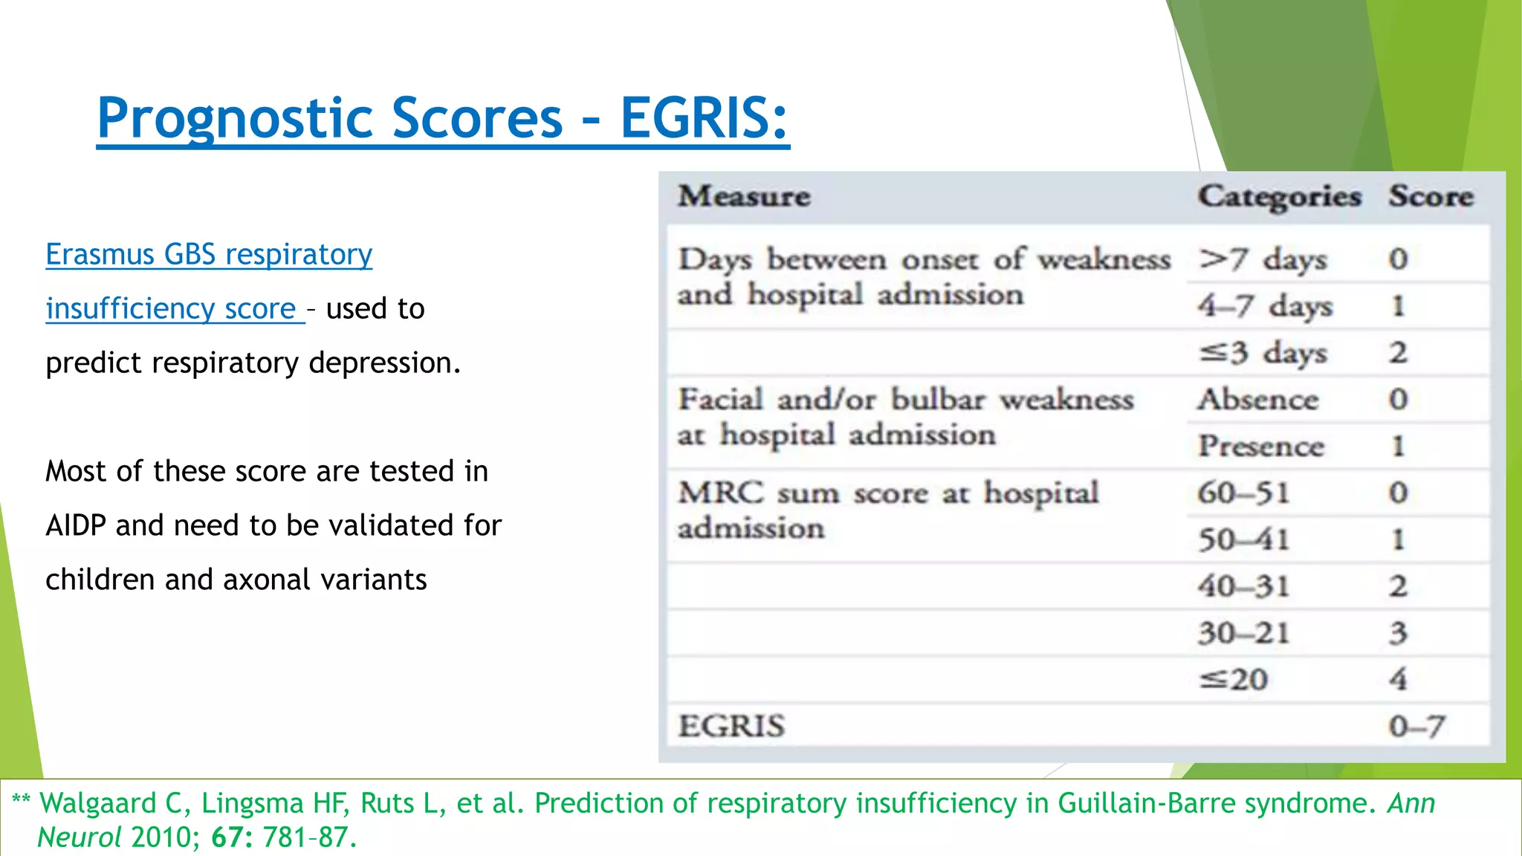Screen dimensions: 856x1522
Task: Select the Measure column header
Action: (744, 196)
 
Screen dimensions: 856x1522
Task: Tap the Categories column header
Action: (1279, 196)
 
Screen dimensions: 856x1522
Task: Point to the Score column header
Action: (1431, 196)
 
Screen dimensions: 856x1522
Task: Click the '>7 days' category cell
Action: (1263, 259)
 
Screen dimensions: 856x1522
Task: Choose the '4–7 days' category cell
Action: (1265, 306)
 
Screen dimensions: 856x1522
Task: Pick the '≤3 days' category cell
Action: (1263, 353)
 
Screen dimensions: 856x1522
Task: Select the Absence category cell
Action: (1257, 400)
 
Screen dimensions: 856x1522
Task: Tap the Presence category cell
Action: (1260, 447)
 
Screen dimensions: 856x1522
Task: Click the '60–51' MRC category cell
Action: (1243, 493)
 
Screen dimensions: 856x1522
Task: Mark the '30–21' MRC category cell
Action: (1243, 633)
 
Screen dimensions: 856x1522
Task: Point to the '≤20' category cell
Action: (1234, 679)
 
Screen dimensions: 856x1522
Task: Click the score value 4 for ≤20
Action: (1398, 679)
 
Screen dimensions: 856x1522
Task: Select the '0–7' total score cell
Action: (1416, 726)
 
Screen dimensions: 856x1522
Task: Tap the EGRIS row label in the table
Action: (731, 726)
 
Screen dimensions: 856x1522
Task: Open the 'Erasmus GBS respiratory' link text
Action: (209, 254)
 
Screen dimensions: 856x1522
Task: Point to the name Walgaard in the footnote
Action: (98, 803)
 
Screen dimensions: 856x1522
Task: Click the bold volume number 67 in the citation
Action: (226, 837)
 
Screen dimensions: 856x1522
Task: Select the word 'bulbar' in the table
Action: (938, 400)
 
